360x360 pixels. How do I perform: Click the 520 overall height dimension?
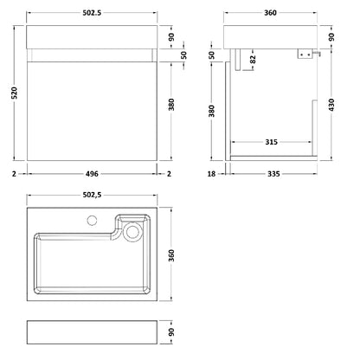15,93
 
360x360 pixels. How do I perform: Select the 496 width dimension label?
92,174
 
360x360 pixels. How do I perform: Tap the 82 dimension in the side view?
253,60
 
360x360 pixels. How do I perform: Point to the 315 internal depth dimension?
271,142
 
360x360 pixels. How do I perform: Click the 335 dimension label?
273,174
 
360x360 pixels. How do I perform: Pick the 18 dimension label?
211,174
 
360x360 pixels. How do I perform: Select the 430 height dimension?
331,105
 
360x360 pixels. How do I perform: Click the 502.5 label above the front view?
92,13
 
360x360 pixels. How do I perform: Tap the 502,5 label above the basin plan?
92,195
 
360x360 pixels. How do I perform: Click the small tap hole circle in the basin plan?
92,221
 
